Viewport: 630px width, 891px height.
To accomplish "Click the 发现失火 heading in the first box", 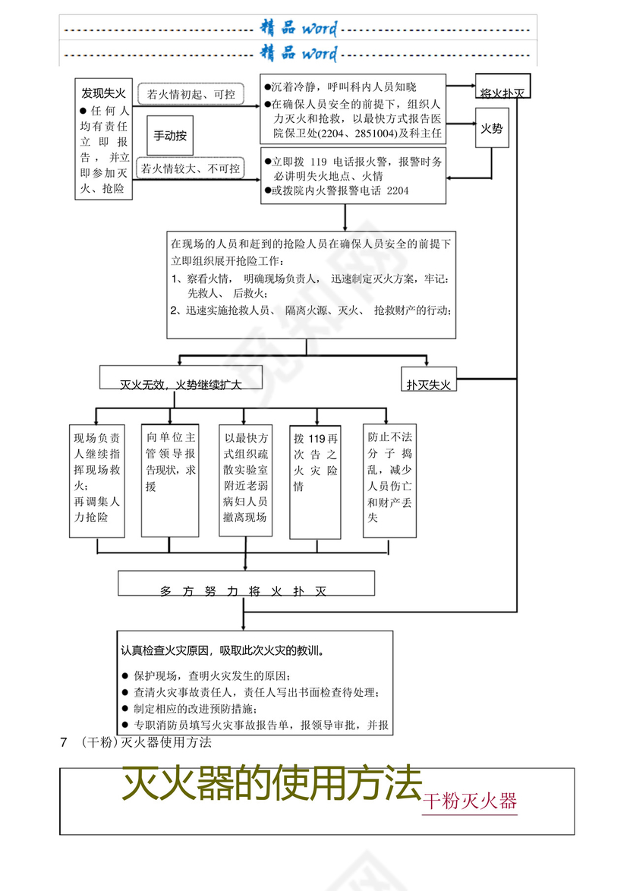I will pyautogui.click(x=104, y=93).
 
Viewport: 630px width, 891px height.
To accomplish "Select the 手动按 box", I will pyautogui.click(x=169, y=137).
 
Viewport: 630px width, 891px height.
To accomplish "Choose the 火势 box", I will pyautogui.click(x=492, y=129).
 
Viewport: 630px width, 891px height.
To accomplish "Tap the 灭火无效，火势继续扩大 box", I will pyautogui.click(x=181, y=385).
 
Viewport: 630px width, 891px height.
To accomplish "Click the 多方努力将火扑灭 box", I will pyautogui.click(x=246, y=590).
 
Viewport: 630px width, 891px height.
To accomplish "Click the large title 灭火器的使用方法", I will pyautogui.click(x=272, y=783).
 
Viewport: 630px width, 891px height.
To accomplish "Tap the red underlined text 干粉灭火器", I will pyautogui.click(x=470, y=801).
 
